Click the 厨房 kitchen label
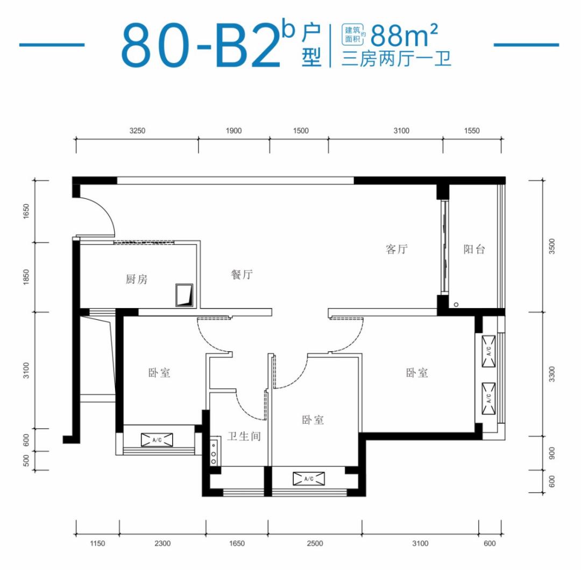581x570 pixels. point(137,279)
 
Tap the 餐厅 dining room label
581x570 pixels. point(242,274)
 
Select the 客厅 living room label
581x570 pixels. point(396,249)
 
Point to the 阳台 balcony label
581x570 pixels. point(474,250)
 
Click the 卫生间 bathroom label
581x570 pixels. point(244,436)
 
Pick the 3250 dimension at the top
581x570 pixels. point(137,131)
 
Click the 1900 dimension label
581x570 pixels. point(233,131)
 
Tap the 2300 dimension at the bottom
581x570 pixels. point(162,543)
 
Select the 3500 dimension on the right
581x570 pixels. point(552,246)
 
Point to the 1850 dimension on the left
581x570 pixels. point(26,277)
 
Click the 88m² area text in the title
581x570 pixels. point(404,35)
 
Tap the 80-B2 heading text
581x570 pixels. point(200,45)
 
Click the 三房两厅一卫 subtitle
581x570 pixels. point(396,59)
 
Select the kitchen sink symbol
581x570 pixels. point(185,295)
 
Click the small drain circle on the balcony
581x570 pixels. point(456,304)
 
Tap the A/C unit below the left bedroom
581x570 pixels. point(157,440)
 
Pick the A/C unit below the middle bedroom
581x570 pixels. point(309,479)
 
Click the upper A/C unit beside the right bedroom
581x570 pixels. point(488,351)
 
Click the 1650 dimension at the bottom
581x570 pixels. point(237,543)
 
